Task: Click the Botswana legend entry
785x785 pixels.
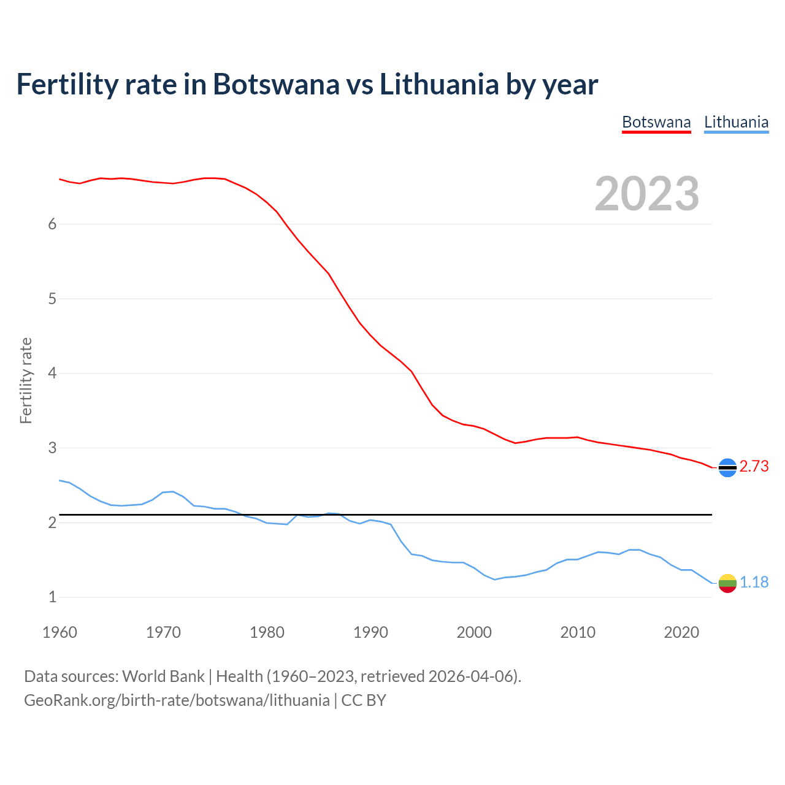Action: coord(656,122)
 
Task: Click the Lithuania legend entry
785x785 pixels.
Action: coord(736,122)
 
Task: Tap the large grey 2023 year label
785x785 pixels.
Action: coord(647,194)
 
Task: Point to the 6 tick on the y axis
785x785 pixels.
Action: coord(52,224)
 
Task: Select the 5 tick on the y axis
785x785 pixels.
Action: coord(52,299)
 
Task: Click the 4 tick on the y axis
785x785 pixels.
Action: coord(52,373)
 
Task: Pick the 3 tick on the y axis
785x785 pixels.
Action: coord(52,448)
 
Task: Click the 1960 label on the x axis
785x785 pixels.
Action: coord(59,632)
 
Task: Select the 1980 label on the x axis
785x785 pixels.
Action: coord(267,632)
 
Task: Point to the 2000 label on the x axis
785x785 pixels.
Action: coord(474,632)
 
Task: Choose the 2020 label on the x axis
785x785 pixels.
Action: coord(681,632)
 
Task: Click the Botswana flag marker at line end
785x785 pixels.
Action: coord(727,467)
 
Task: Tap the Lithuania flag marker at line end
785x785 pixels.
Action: coord(727,583)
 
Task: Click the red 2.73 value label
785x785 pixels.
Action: coord(754,467)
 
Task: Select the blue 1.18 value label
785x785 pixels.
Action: coord(754,583)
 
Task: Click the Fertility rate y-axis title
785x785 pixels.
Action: coord(26,380)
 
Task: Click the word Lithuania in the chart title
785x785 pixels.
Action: coord(438,85)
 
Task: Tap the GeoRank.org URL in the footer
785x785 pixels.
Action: coord(177,700)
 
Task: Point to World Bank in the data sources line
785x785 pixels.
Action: coord(163,676)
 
